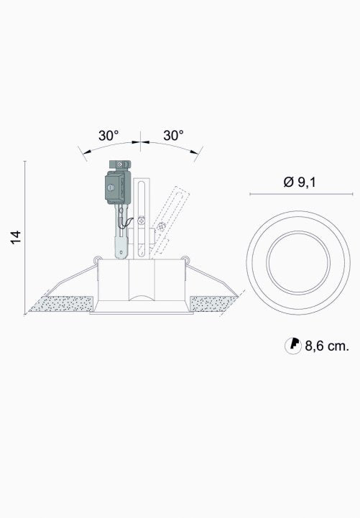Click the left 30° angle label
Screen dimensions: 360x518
click(x=109, y=136)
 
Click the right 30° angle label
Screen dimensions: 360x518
click(x=173, y=136)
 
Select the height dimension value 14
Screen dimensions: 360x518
click(x=16, y=237)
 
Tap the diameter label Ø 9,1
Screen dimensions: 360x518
click(x=300, y=182)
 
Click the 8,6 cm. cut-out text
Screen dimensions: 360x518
click(x=327, y=346)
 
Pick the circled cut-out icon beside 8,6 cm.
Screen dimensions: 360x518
click(x=293, y=346)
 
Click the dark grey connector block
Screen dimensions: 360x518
click(x=118, y=187)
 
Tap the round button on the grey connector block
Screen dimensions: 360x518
click(x=111, y=188)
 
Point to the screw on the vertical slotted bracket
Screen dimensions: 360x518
click(x=142, y=220)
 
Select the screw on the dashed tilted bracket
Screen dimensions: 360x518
click(x=161, y=227)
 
